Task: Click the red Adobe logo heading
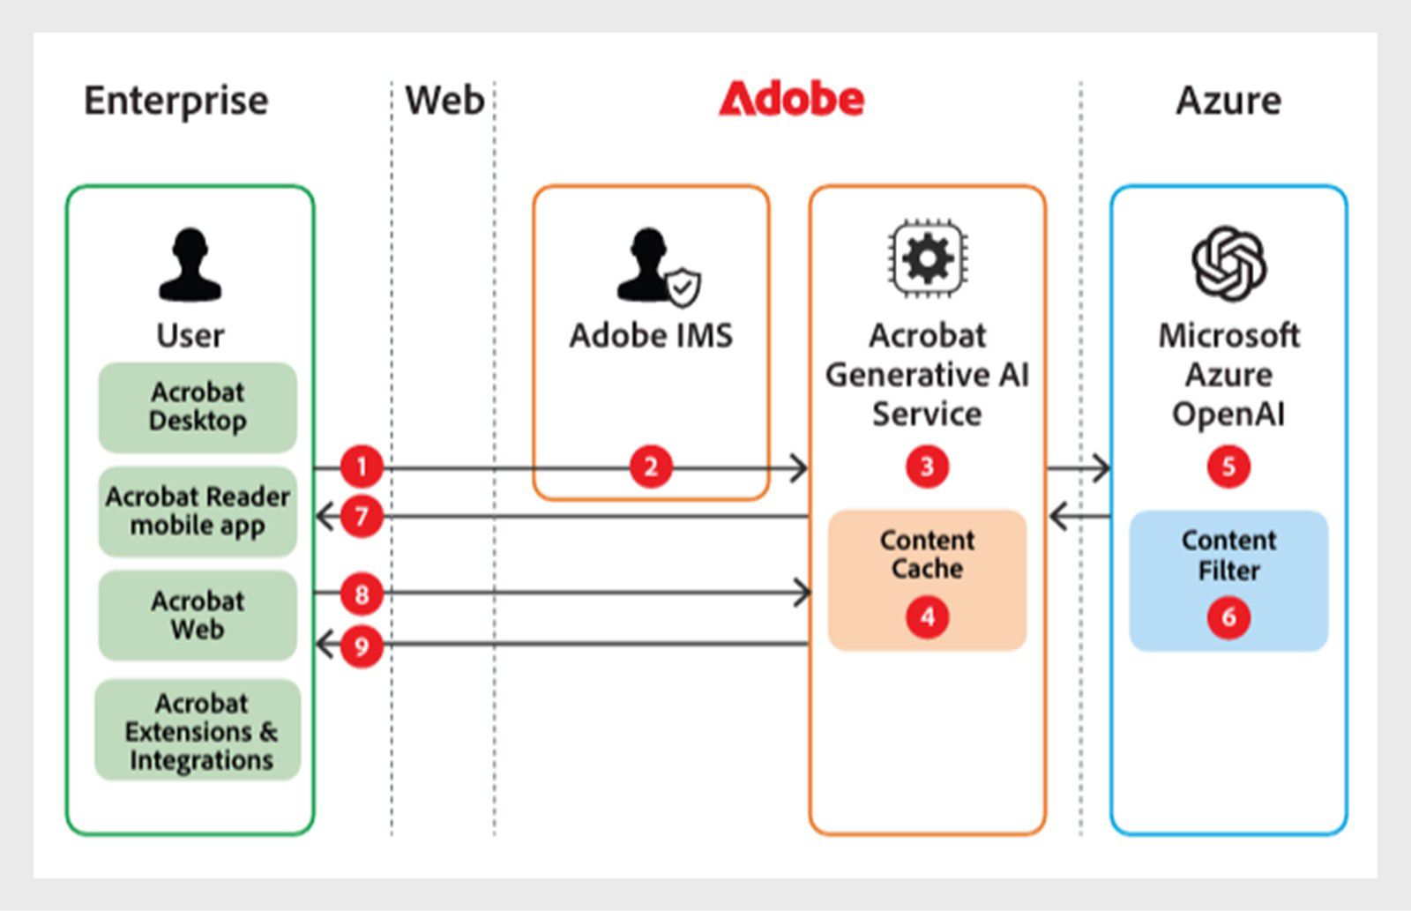(791, 100)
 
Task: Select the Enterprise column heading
(175, 101)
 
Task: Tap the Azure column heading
(1228, 101)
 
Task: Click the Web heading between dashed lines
(444, 101)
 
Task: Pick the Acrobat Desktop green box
(198, 407)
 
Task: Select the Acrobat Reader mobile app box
(198, 511)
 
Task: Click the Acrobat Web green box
(198, 615)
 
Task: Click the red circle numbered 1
(362, 467)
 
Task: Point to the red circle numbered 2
(651, 467)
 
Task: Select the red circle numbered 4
(927, 616)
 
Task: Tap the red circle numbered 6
(1228, 616)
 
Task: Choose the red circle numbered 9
(362, 646)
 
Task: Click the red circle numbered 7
(362, 516)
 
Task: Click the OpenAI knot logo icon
(1228, 263)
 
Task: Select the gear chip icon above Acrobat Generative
(927, 259)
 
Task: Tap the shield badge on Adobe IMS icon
(683, 287)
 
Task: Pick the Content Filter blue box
(1228, 580)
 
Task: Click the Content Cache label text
(927, 554)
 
